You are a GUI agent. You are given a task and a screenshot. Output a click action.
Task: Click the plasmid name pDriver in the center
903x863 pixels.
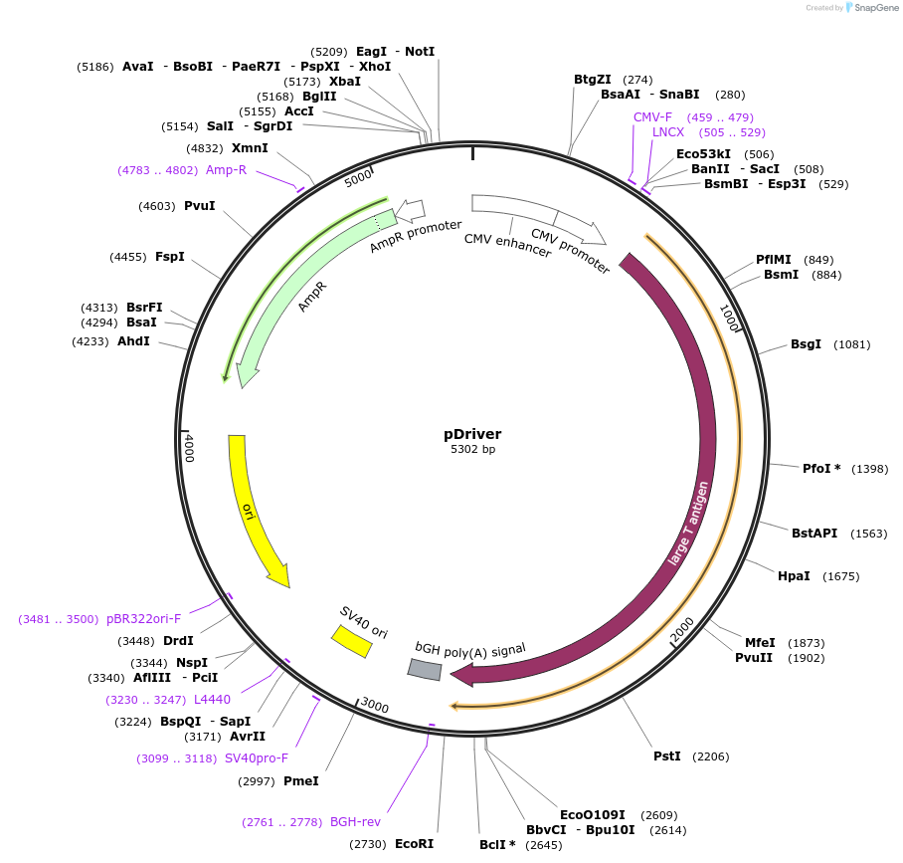(472, 434)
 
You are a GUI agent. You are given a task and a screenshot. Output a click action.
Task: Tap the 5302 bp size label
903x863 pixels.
(472, 450)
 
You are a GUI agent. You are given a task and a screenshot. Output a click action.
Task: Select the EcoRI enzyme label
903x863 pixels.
(414, 843)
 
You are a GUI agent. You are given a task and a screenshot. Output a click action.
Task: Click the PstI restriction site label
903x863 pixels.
(666, 756)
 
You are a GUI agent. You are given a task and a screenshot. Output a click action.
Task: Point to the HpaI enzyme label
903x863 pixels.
(794, 576)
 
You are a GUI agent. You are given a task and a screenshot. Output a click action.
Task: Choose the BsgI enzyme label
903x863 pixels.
(806, 344)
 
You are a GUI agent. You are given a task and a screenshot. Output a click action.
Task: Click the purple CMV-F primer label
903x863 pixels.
(652, 116)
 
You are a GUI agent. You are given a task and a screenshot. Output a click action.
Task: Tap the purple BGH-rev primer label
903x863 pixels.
(355, 822)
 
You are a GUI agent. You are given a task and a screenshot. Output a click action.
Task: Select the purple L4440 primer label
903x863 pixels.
(212, 700)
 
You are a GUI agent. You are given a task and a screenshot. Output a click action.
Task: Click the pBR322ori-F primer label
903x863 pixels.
(144, 618)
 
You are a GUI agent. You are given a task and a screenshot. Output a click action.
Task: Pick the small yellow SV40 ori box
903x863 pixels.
(352, 641)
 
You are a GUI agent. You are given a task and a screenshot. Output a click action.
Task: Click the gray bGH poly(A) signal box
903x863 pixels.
(425, 670)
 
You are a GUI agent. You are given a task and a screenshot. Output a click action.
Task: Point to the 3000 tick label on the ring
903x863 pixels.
(374, 706)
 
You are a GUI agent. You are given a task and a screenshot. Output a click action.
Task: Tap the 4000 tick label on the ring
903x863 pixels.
(190, 447)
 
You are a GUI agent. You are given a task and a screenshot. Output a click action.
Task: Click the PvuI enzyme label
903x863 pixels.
(199, 206)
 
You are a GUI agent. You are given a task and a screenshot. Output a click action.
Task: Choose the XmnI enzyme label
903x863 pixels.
(250, 148)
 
